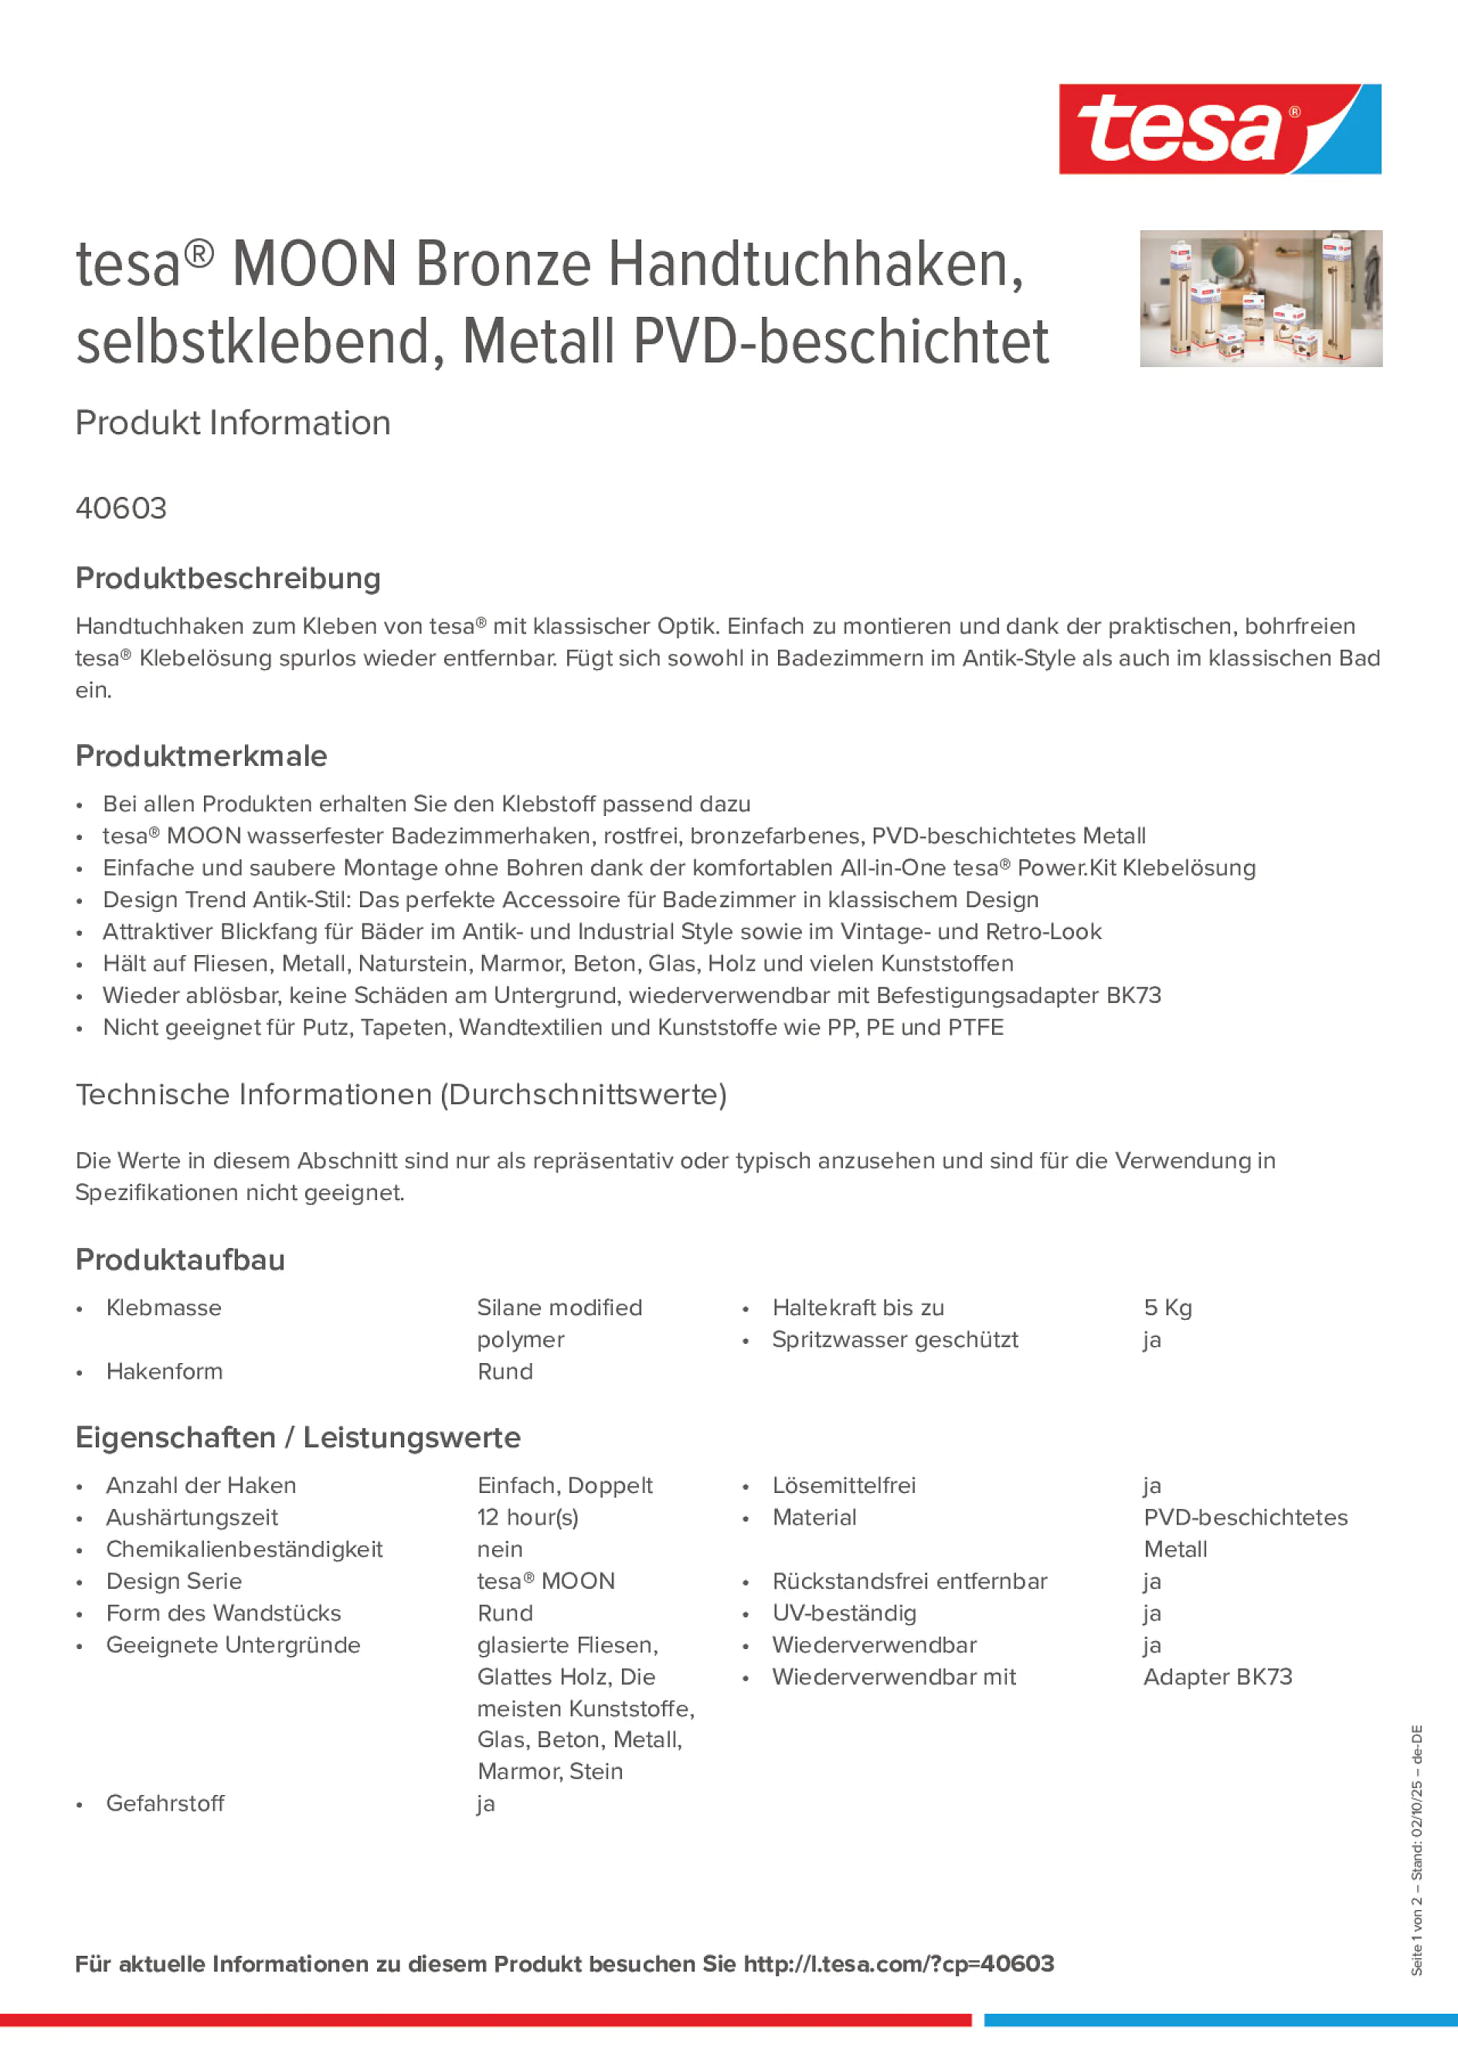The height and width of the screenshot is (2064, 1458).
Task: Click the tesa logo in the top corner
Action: coord(1219,130)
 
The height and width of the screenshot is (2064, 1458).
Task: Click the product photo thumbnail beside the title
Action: coord(1260,298)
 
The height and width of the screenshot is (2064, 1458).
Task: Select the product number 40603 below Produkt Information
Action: coord(121,508)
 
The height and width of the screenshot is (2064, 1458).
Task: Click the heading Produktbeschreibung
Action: coord(227,578)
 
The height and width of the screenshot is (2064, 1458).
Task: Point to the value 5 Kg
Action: coord(1167,1308)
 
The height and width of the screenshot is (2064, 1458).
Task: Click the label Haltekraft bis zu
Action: coord(858,1308)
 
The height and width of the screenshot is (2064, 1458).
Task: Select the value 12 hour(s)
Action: coord(528,1518)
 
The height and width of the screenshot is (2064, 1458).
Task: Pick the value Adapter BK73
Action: coord(1217,1677)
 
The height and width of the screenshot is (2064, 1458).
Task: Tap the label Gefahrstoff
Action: coord(165,1804)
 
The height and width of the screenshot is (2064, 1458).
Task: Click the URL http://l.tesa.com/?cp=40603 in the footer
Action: coord(898,1964)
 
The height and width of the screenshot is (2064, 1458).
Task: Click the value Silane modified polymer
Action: coord(559,1323)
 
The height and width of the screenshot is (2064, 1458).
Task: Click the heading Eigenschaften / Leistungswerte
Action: coord(297,1437)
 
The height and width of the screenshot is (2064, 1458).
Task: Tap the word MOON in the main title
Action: coord(314,264)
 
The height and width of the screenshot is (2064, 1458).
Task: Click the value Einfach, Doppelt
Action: coord(565,1485)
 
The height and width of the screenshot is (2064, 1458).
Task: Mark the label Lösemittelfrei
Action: coord(843,1485)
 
